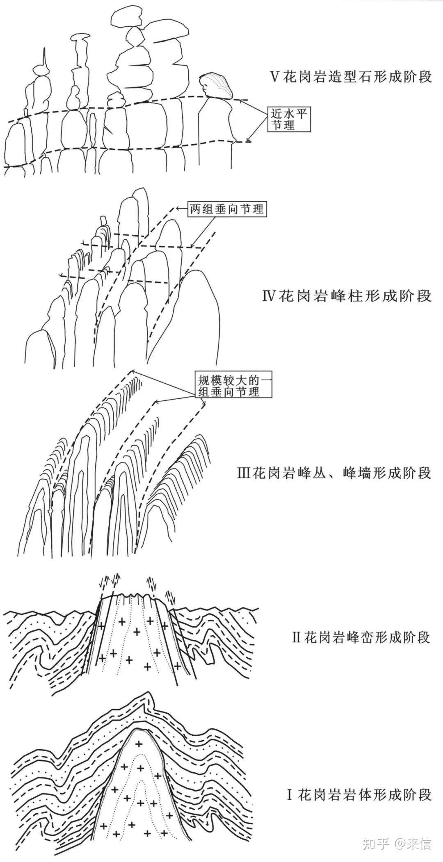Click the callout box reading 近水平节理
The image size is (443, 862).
(289, 119)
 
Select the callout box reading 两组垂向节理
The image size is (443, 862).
(226, 209)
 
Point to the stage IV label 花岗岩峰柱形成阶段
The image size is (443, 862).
(355, 296)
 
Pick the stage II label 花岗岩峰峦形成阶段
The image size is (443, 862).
(367, 637)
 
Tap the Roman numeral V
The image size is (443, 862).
(274, 77)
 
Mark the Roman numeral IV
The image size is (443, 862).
(269, 296)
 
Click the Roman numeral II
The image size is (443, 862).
(297, 638)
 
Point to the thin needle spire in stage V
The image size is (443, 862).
(43, 59)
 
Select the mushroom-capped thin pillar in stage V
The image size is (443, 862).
(80, 39)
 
